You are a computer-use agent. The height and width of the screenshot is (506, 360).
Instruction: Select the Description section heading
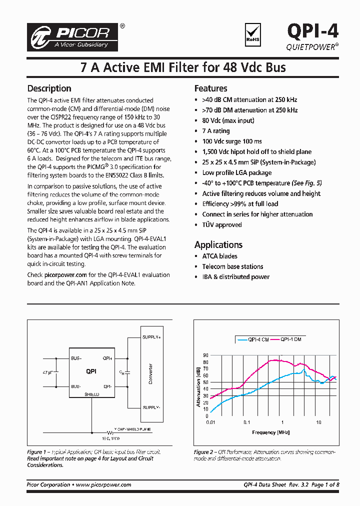(x=49, y=88)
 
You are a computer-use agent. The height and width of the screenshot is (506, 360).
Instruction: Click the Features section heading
(x=210, y=88)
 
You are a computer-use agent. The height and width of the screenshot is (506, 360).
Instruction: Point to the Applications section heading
(x=218, y=244)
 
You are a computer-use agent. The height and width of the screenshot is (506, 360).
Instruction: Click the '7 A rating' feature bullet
(x=215, y=131)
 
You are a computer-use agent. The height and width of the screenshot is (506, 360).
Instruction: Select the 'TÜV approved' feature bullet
(x=221, y=224)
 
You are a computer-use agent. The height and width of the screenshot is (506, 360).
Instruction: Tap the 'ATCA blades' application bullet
(x=219, y=256)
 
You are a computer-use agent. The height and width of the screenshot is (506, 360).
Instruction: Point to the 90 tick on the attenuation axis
(x=205, y=355)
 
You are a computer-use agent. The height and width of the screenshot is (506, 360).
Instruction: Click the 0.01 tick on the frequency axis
(x=210, y=422)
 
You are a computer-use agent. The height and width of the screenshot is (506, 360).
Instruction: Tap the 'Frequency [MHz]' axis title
(x=270, y=432)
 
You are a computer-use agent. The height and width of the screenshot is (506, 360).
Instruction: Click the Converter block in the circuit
(x=150, y=373)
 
